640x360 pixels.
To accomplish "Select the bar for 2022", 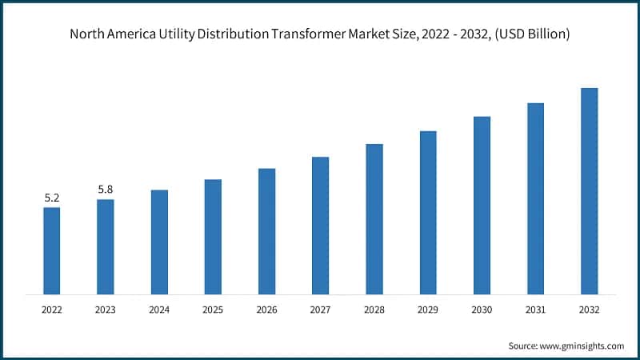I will pos(51,250).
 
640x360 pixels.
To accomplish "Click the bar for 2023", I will pos(105,246).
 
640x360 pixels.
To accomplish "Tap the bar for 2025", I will pos(213,236).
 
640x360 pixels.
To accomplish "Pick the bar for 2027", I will pos(320,225).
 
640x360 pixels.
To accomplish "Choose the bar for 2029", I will pos(428,212).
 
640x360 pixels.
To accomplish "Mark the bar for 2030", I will pos(482,205).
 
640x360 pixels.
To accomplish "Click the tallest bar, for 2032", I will pos(589,190).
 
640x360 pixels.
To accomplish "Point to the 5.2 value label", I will pos(51,198).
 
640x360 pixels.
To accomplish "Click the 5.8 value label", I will pos(105,190).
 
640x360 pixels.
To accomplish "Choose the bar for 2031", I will pos(535,198).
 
